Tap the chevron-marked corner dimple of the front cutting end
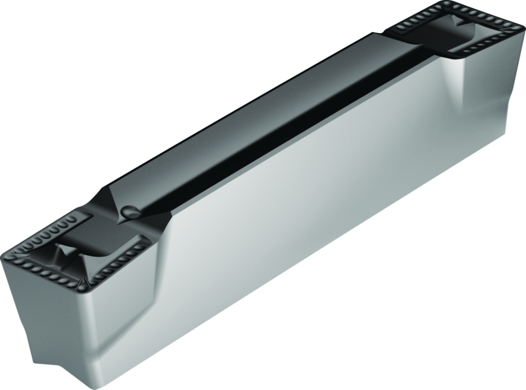pos(83,283)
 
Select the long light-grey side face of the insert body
pos(308,206)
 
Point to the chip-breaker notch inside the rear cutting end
pos(457,23)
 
